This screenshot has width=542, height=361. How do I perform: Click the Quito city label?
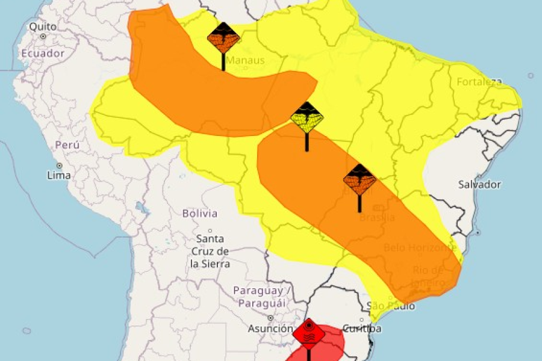coord(43,26)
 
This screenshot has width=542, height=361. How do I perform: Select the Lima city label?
coord(58,175)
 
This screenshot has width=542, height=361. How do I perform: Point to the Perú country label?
coord(67,144)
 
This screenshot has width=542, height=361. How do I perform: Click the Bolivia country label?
coord(199,213)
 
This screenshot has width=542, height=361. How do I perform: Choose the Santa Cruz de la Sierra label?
coord(210,251)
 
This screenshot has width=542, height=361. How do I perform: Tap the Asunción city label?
coord(270,329)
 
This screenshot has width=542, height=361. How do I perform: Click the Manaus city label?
coord(245,60)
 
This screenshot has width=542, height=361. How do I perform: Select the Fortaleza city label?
coord(479,82)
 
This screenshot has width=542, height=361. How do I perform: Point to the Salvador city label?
coord(479,184)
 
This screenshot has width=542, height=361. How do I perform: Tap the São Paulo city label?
coord(390,306)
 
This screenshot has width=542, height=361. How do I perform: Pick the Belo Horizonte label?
coord(420,248)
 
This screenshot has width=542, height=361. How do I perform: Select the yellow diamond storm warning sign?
coord(307,118)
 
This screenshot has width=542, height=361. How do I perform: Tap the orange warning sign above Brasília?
coord(360,179)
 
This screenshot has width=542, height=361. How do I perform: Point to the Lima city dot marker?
coord(59,165)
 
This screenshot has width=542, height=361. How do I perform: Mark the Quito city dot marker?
coord(43,37)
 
